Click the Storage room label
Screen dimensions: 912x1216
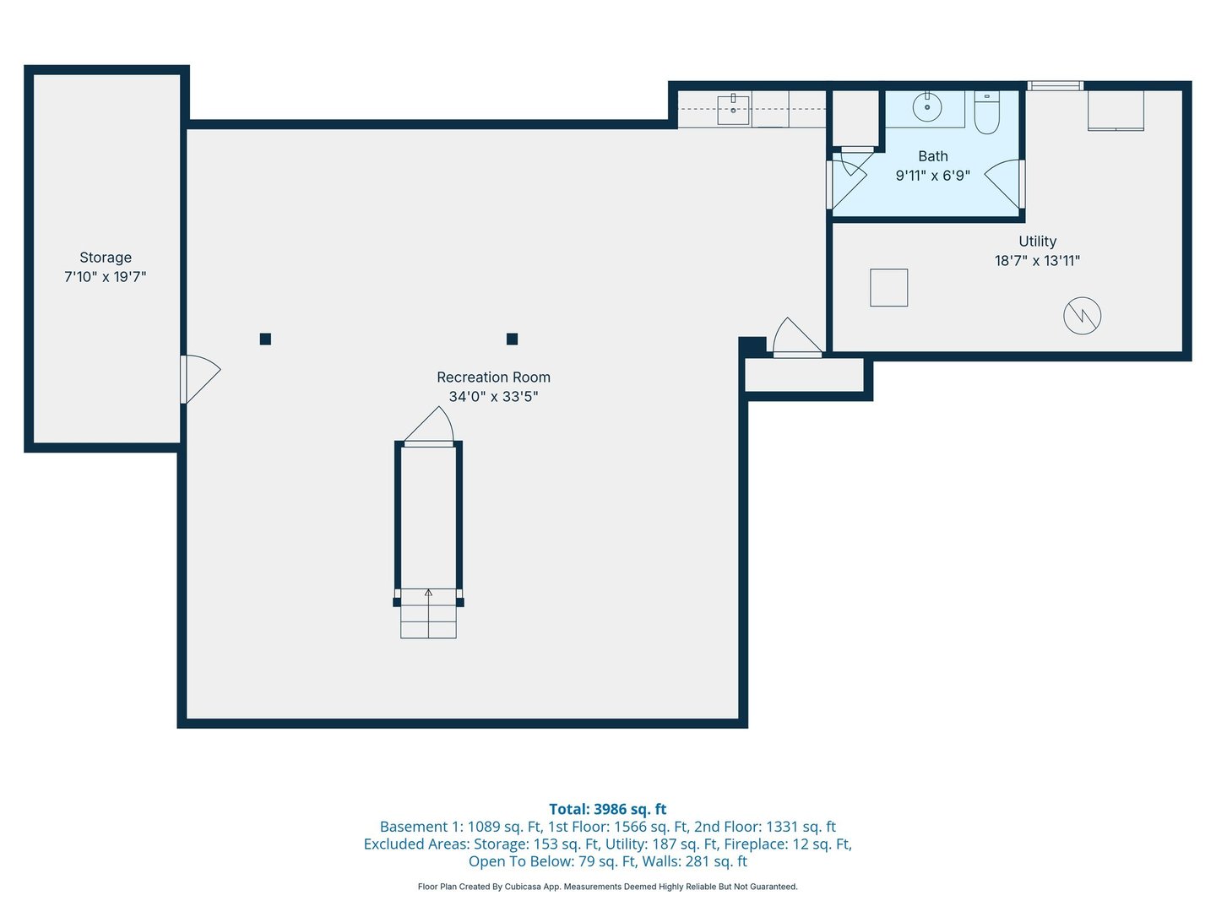[106, 258]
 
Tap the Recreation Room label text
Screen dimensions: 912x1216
[493, 377]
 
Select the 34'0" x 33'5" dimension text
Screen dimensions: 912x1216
[493, 397]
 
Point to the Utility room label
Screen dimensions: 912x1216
[1037, 242]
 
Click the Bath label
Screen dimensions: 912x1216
[932, 156]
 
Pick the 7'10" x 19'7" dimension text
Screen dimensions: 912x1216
[106, 277]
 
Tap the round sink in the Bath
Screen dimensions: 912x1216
[926, 107]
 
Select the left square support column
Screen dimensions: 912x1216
[265, 339]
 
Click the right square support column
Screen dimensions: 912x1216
[512, 339]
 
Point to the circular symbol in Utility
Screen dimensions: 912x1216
[1082, 316]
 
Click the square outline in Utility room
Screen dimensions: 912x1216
[888, 288]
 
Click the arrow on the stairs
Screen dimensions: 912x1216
[428, 594]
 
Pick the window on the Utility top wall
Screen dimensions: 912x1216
[1055, 85]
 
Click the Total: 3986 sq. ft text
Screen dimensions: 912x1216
[607, 809]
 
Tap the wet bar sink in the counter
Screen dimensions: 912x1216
[733, 109]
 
